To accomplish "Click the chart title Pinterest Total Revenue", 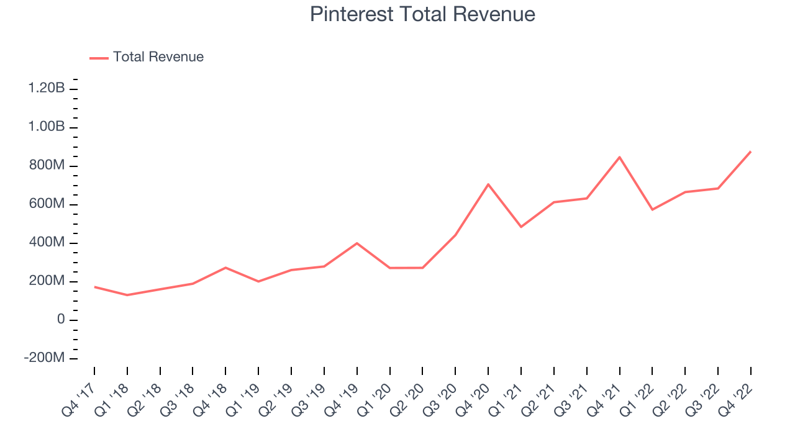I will (x=422, y=14).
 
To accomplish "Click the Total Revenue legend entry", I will (x=158, y=57).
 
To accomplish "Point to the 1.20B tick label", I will (x=47, y=89).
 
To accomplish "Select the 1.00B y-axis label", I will (x=47, y=127).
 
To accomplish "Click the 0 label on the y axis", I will (x=61, y=320).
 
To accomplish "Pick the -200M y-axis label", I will (x=45, y=358).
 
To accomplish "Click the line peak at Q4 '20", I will (x=488, y=184).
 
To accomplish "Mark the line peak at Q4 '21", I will (x=619, y=157).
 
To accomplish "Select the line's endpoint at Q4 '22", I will (x=750, y=151).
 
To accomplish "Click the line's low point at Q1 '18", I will (x=127, y=295).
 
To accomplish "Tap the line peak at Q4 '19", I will (x=357, y=243).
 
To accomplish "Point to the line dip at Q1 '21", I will (x=521, y=227).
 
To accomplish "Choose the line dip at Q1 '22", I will (x=652, y=210).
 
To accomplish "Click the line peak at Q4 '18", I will (x=225, y=268).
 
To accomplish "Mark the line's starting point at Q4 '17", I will (x=94, y=287).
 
